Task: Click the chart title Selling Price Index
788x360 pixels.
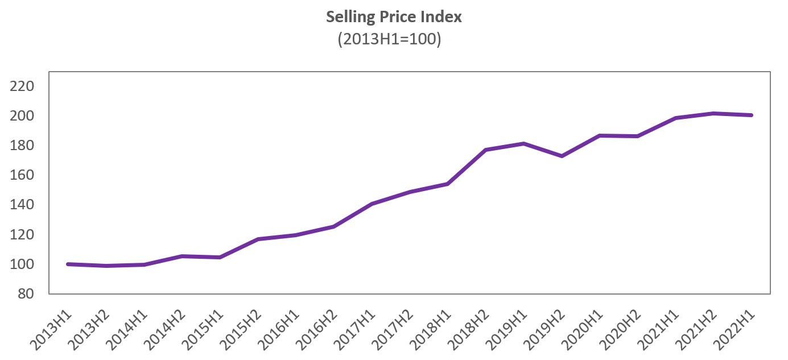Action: pyautogui.click(x=394, y=17)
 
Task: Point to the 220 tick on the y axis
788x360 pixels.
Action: pyautogui.click(x=23, y=86)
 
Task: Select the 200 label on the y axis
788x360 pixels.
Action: pyautogui.click(x=23, y=116)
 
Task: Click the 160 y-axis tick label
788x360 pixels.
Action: pyautogui.click(x=23, y=175)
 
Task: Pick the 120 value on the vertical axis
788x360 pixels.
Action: pyautogui.click(x=23, y=235)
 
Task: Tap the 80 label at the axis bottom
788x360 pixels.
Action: pyautogui.click(x=26, y=294)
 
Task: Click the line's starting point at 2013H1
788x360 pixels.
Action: pyautogui.click(x=68, y=264)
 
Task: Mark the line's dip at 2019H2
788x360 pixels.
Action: pyautogui.click(x=562, y=156)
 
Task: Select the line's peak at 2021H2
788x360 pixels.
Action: pyautogui.click(x=714, y=113)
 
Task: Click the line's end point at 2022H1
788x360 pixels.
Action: pyautogui.click(x=752, y=115)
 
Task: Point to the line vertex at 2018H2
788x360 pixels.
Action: pyautogui.click(x=486, y=150)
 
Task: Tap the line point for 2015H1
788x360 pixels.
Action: pyautogui.click(x=220, y=257)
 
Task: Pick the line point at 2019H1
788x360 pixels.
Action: pyautogui.click(x=524, y=143)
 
